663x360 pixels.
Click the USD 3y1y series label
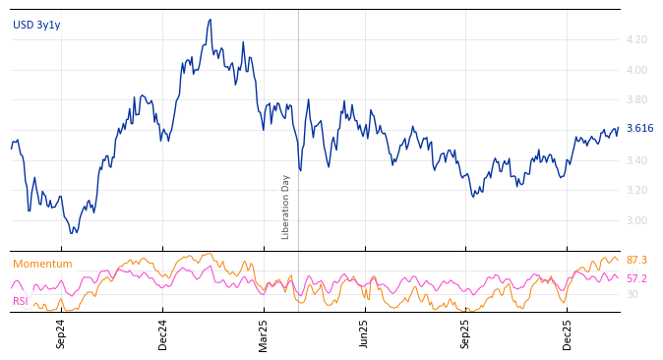click(36, 25)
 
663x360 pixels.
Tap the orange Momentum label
click(42, 264)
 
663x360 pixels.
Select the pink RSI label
click(20, 301)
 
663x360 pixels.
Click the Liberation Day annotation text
click(286, 207)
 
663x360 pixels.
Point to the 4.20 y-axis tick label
click(636, 39)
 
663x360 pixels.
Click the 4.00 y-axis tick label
click(636, 70)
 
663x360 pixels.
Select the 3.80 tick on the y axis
click(636, 99)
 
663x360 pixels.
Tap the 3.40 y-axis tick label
click(636, 160)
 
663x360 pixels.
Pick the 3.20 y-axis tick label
click(636, 190)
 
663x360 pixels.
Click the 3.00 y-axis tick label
click(636, 220)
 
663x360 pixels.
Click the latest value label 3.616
click(639, 129)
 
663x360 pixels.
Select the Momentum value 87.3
click(636, 260)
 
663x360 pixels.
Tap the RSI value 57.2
click(636, 278)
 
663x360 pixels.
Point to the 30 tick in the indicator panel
click(633, 294)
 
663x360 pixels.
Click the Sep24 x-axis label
click(61, 333)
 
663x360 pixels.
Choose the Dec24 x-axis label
click(163, 333)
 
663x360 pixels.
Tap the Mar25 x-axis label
click(264, 333)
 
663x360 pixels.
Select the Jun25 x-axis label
click(365, 333)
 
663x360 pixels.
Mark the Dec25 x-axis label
click(568, 333)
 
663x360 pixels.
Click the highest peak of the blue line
click(210, 20)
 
